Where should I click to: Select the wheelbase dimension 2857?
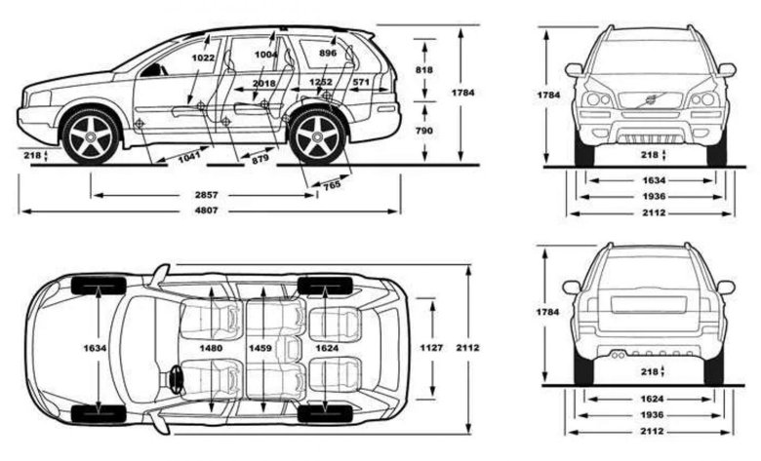[206, 195]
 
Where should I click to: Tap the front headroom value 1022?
[203, 58]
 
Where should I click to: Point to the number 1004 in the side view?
[265, 56]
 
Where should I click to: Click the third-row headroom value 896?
[327, 54]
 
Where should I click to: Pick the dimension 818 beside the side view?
[423, 70]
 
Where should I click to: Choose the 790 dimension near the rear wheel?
[423, 130]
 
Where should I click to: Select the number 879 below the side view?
[260, 157]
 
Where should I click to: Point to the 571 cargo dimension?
[360, 83]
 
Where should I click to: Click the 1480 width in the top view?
[211, 347]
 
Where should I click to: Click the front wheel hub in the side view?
[90, 138]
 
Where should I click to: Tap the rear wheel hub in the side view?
[316, 138]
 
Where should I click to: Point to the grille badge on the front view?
[650, 99]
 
